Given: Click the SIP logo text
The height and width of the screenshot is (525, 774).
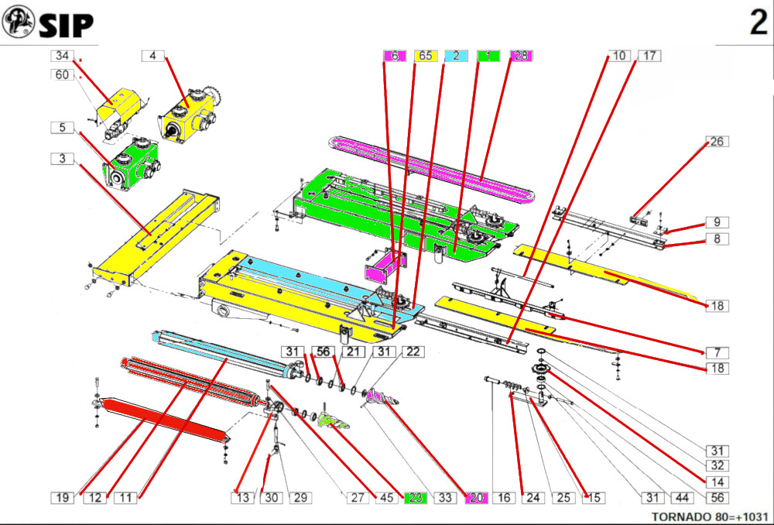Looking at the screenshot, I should pos(66,25).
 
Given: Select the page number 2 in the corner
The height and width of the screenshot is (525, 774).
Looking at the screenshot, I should pos(758,24).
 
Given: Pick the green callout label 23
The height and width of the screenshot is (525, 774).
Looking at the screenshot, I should pos(416,498).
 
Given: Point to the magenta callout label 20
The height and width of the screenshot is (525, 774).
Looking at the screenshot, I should pos(474,498).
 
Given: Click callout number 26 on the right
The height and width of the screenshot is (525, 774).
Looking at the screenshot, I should pos(717,142).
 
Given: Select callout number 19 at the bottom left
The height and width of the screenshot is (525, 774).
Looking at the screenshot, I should pos(63,498).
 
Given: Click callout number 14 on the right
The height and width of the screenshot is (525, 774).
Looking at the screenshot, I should pos(717,481).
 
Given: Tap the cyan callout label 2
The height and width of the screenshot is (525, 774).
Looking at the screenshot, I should pos(457,56).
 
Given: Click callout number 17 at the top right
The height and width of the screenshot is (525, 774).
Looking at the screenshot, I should pos(649,56).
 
